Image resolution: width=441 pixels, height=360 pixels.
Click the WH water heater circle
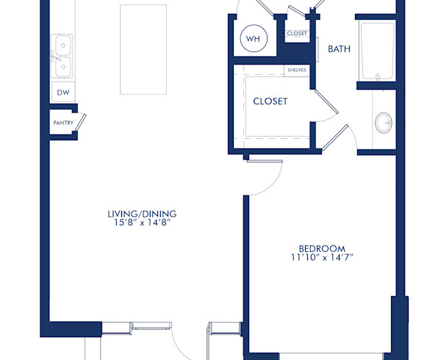pos(254,40)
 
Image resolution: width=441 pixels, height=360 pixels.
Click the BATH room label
pos(339,49)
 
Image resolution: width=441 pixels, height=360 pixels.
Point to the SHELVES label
pos(296,70)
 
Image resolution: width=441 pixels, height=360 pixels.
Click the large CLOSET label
pos(270,101)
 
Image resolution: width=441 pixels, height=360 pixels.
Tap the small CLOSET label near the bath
pos(297,34)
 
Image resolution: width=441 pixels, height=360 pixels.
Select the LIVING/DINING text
pos(142,214)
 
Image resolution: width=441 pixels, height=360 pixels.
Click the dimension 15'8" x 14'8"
pos(142,222)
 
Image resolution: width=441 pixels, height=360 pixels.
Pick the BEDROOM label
pos(321,248)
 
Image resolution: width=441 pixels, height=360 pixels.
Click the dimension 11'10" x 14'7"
pos(321,257)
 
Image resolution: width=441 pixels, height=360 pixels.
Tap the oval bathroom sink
pos(384,122)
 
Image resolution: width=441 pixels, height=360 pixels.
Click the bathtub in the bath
pos(377,51)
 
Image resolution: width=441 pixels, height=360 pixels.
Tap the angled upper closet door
pos(326,102)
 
